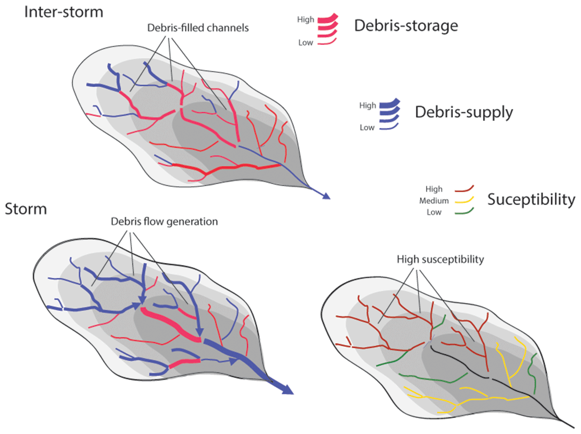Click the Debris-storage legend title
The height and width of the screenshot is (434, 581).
[x=406, y=25]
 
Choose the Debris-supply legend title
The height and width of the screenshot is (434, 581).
[x=464, y=112]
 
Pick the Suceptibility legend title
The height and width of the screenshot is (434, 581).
[x=531, y=200]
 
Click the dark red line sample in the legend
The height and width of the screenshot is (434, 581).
[x=464, y=189]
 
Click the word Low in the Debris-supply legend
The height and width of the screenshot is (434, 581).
[x=367, y=127]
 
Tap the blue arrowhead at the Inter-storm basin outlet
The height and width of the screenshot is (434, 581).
[x=325, y=196]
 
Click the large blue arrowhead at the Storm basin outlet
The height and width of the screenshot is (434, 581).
[x=287, y=390]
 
